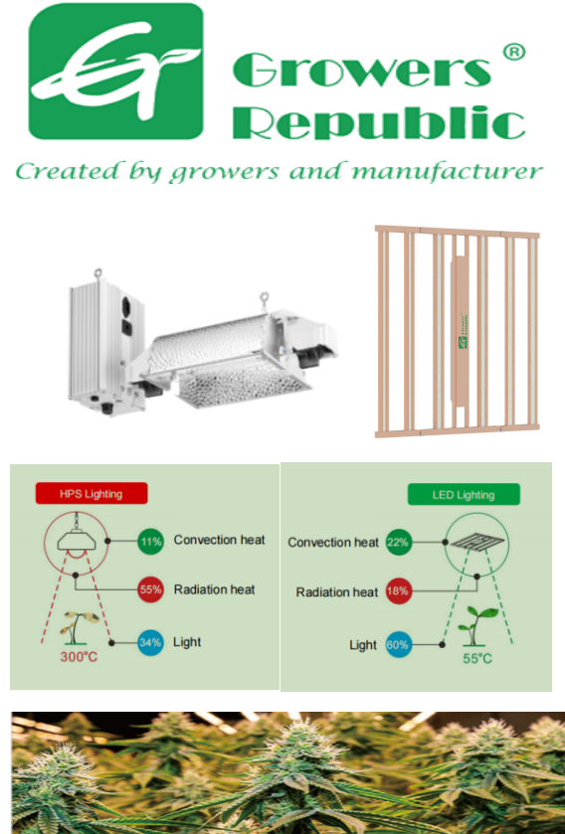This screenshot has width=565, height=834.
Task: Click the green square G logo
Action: (116, 72)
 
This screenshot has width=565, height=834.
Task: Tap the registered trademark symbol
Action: (514, 52)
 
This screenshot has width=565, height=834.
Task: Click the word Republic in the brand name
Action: (379, 123)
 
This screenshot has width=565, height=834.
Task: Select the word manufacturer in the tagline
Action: (448, 171)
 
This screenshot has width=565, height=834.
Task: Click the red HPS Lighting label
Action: (92, 493)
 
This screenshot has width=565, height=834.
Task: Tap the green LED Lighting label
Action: (464, 494)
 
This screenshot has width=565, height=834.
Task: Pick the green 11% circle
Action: (150, 542)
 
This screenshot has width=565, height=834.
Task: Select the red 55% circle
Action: (150, 589)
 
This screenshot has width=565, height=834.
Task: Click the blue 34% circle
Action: (150, 642)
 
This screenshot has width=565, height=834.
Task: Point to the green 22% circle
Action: (398, 542)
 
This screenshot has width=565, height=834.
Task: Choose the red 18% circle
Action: (398, 590)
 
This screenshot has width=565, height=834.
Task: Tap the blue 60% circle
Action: (398, 645)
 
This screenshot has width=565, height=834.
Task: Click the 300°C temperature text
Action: (79, 657)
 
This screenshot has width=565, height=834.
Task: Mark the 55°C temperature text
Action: (477, 658)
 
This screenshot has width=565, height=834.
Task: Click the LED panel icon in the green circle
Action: (476, 542)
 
